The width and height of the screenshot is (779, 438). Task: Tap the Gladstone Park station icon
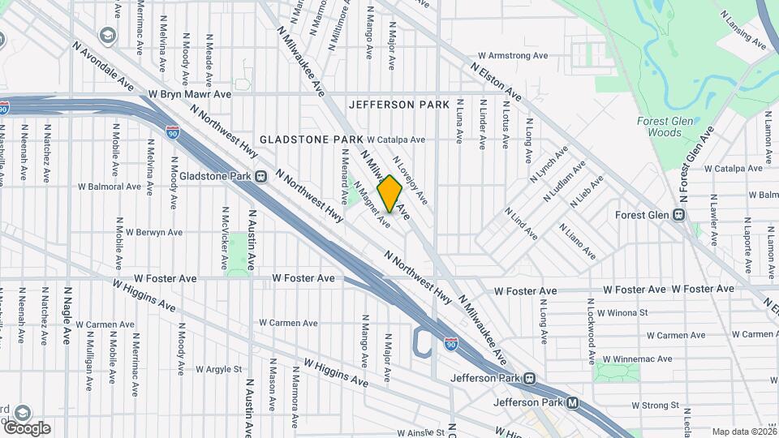click(x=260, y=176)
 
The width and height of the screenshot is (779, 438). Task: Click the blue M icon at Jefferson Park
click(x=573, y=402)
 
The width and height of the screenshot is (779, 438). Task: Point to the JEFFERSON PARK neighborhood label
click(x=398, y=105)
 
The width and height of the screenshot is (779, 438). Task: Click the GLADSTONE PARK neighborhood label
click(x=312, y=140)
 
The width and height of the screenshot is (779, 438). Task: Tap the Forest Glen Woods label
click(x=659, y=127)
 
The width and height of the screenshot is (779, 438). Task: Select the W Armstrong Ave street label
click(x=513, y=56)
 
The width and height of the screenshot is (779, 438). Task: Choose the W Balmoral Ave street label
click(x=110, y=187)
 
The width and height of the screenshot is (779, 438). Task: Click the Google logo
click(x=27, y=428)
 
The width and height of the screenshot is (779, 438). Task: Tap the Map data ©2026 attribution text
click(x=743, y=432)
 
